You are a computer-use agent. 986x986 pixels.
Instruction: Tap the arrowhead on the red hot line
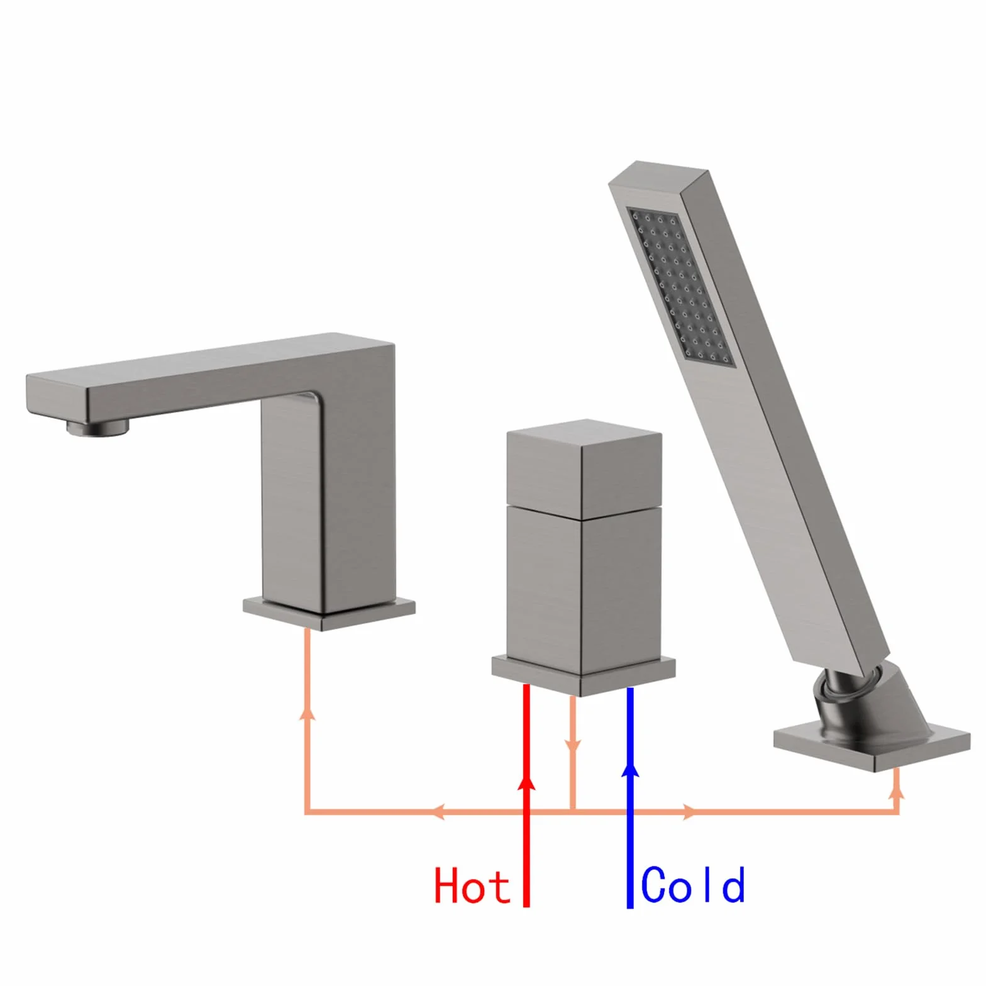(x=526, y=780)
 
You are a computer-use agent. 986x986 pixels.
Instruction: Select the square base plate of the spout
(x=330, y=612)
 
